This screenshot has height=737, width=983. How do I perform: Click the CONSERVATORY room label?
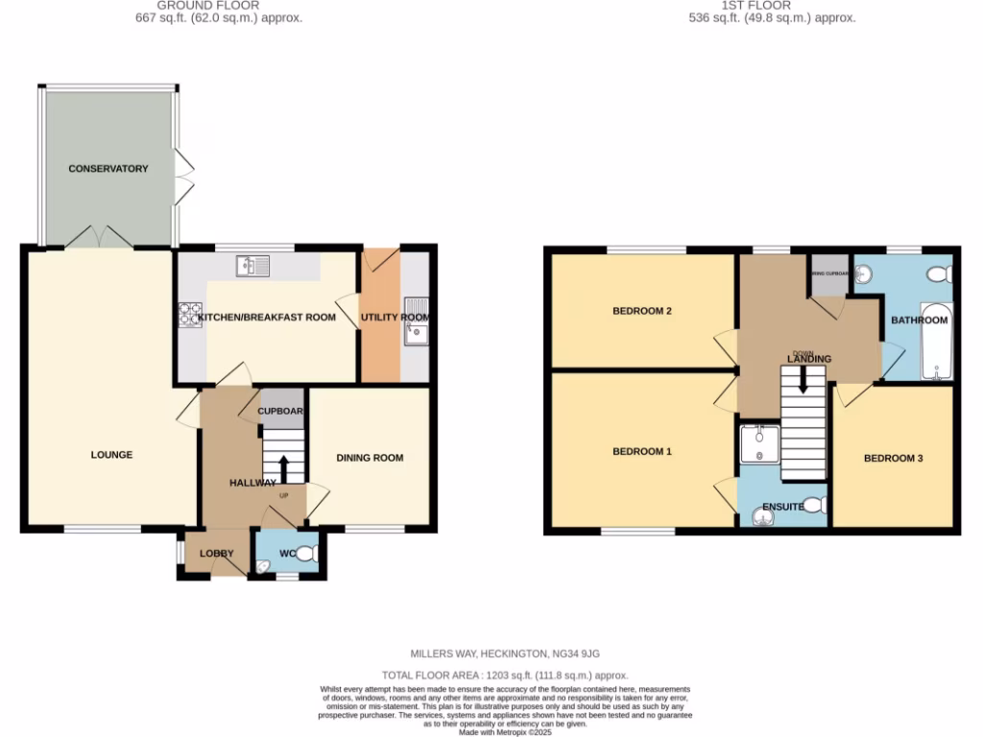tap(108, 169)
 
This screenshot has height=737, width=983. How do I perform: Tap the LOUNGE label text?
tap(111, 455)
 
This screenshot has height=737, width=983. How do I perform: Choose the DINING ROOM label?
tap(370, 458)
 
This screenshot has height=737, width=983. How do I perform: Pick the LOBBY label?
tap(216, 554)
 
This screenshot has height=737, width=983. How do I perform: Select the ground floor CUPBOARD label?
tap(280, 412)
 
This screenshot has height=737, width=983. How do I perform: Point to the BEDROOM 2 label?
tap(641, 311)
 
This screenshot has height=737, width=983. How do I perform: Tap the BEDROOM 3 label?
tap(893, 458)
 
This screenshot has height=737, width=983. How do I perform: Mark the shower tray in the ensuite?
tap(760, 443)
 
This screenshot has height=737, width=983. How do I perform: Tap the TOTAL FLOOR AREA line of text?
tap(491, 676)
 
